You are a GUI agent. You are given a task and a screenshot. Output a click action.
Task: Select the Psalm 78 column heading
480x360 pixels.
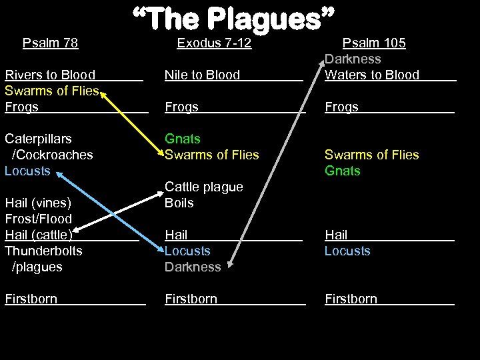[50, 43]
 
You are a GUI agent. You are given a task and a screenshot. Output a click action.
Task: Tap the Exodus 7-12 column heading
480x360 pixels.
[214, 43]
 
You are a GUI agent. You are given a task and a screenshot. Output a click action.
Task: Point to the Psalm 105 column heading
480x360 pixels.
[373, 43]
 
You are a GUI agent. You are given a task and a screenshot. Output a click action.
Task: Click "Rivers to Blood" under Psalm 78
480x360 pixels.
[50, 75]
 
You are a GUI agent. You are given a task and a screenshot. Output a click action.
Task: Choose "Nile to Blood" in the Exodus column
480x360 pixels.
[202, 75]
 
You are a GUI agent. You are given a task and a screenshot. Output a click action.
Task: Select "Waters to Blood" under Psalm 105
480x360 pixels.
[372, 75]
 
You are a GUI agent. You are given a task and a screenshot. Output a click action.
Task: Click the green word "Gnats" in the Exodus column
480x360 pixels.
[183, 139]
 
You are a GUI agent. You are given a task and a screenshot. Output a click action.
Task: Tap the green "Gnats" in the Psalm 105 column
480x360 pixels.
[342, 171]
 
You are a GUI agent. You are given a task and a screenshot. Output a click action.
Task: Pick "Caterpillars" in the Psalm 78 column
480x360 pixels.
[38, 139]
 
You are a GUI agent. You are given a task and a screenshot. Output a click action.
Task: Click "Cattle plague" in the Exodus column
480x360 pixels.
[204, 187]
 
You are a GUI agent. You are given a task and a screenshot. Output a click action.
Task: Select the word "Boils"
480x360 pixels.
[179, 203]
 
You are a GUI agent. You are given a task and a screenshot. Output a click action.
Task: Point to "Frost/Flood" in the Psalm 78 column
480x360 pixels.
[38, 219]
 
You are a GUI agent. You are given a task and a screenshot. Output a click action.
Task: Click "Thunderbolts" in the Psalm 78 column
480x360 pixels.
[43, 251]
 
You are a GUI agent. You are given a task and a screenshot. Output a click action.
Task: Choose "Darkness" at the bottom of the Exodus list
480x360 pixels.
[193, 267]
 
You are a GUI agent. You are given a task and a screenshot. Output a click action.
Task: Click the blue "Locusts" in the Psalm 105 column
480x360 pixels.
[347, 251]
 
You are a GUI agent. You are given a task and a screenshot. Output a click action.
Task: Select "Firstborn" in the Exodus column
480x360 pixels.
[191, 299]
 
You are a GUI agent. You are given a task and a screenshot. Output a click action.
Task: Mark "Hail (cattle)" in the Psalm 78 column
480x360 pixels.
[39, 235]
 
